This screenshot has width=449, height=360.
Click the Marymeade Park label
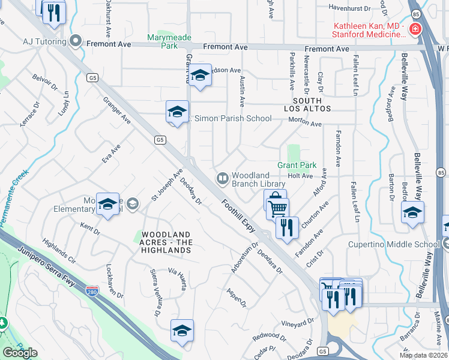point(170,41)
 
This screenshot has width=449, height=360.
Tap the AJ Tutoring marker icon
point(76,41)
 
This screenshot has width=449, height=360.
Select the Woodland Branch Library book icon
point(223,178)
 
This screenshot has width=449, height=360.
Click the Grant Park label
point(297,165)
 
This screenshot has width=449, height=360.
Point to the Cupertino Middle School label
point(394,244)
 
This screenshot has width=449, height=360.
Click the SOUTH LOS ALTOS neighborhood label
point(307,104)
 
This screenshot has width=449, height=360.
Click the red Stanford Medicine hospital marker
point(414,29)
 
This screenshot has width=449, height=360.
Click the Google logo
point(20,352)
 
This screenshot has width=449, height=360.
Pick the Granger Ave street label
point(117,111)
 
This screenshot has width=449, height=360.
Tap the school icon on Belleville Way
point(412,213)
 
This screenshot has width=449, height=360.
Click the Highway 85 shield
point(415,12)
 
